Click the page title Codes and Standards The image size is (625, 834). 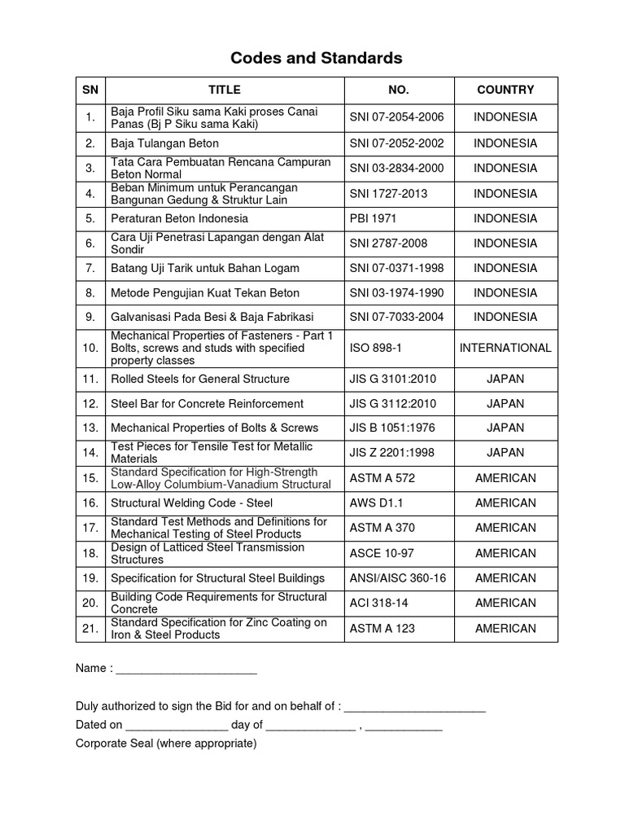[x=317, y=58]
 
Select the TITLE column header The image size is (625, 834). [x=225, y=90]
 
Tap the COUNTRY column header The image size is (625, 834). [x=505, y=90]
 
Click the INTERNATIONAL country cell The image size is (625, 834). [x=505, y=348]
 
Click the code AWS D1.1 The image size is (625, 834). [x=375, y=503]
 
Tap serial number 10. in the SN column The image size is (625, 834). [x=90, y=348]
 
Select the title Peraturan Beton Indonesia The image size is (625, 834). [x=179, y=218]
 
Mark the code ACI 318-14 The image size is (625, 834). [x=379, y=603]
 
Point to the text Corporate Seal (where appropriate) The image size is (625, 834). [x=166, y=744]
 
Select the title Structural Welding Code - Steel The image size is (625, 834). [x=191, y=503]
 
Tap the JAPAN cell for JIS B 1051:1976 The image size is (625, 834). [x=505, y=428]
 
